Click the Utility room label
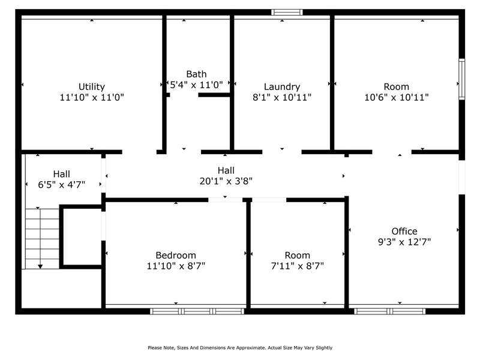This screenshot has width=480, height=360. pyautogui.click(x=92, y=86)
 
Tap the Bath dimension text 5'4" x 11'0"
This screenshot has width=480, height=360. pyautogui.click(x=196, y=85)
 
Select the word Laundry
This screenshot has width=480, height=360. pyautogui.click(x=282, y=87)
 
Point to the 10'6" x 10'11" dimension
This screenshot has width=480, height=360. pyautogui.click(x=397, y=97)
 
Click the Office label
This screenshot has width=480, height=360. pyautogui.click(x=404, y=231)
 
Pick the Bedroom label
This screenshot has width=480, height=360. pyautogui.click(x=176, y=255)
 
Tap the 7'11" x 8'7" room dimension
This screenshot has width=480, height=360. pyautogui.click(x=297, y=266)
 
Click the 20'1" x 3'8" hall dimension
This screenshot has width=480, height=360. pyautogui.click(x=226, y=181)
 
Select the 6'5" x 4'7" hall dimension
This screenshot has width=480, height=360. pyautogui.click(x=62, y=185)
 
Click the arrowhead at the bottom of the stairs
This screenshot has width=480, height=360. pyautogui.click(x=40, y=266)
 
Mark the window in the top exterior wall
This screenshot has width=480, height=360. pyautogui.click(x=287, y=12)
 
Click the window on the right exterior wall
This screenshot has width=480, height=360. pyautogui.click(x=461, y=79)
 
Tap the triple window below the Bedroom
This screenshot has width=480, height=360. pyautogui.click(x=197, y=311)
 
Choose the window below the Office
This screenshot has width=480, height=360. pyautogui.click(x=389, y=311)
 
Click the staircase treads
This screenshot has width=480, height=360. pyautogui.click(x=42, y=239)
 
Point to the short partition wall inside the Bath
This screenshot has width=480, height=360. pyautogui.click(x=214, y=95)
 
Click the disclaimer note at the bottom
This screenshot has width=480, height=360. pyautogui.click(x=240, y=348)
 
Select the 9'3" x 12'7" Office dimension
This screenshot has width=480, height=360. pyautogui.click(x=404, y=242)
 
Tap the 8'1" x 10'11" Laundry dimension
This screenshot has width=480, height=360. pyautogui.click(x=282, y=97)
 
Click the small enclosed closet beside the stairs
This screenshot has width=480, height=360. pyautogui.click(x=82, y=237)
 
